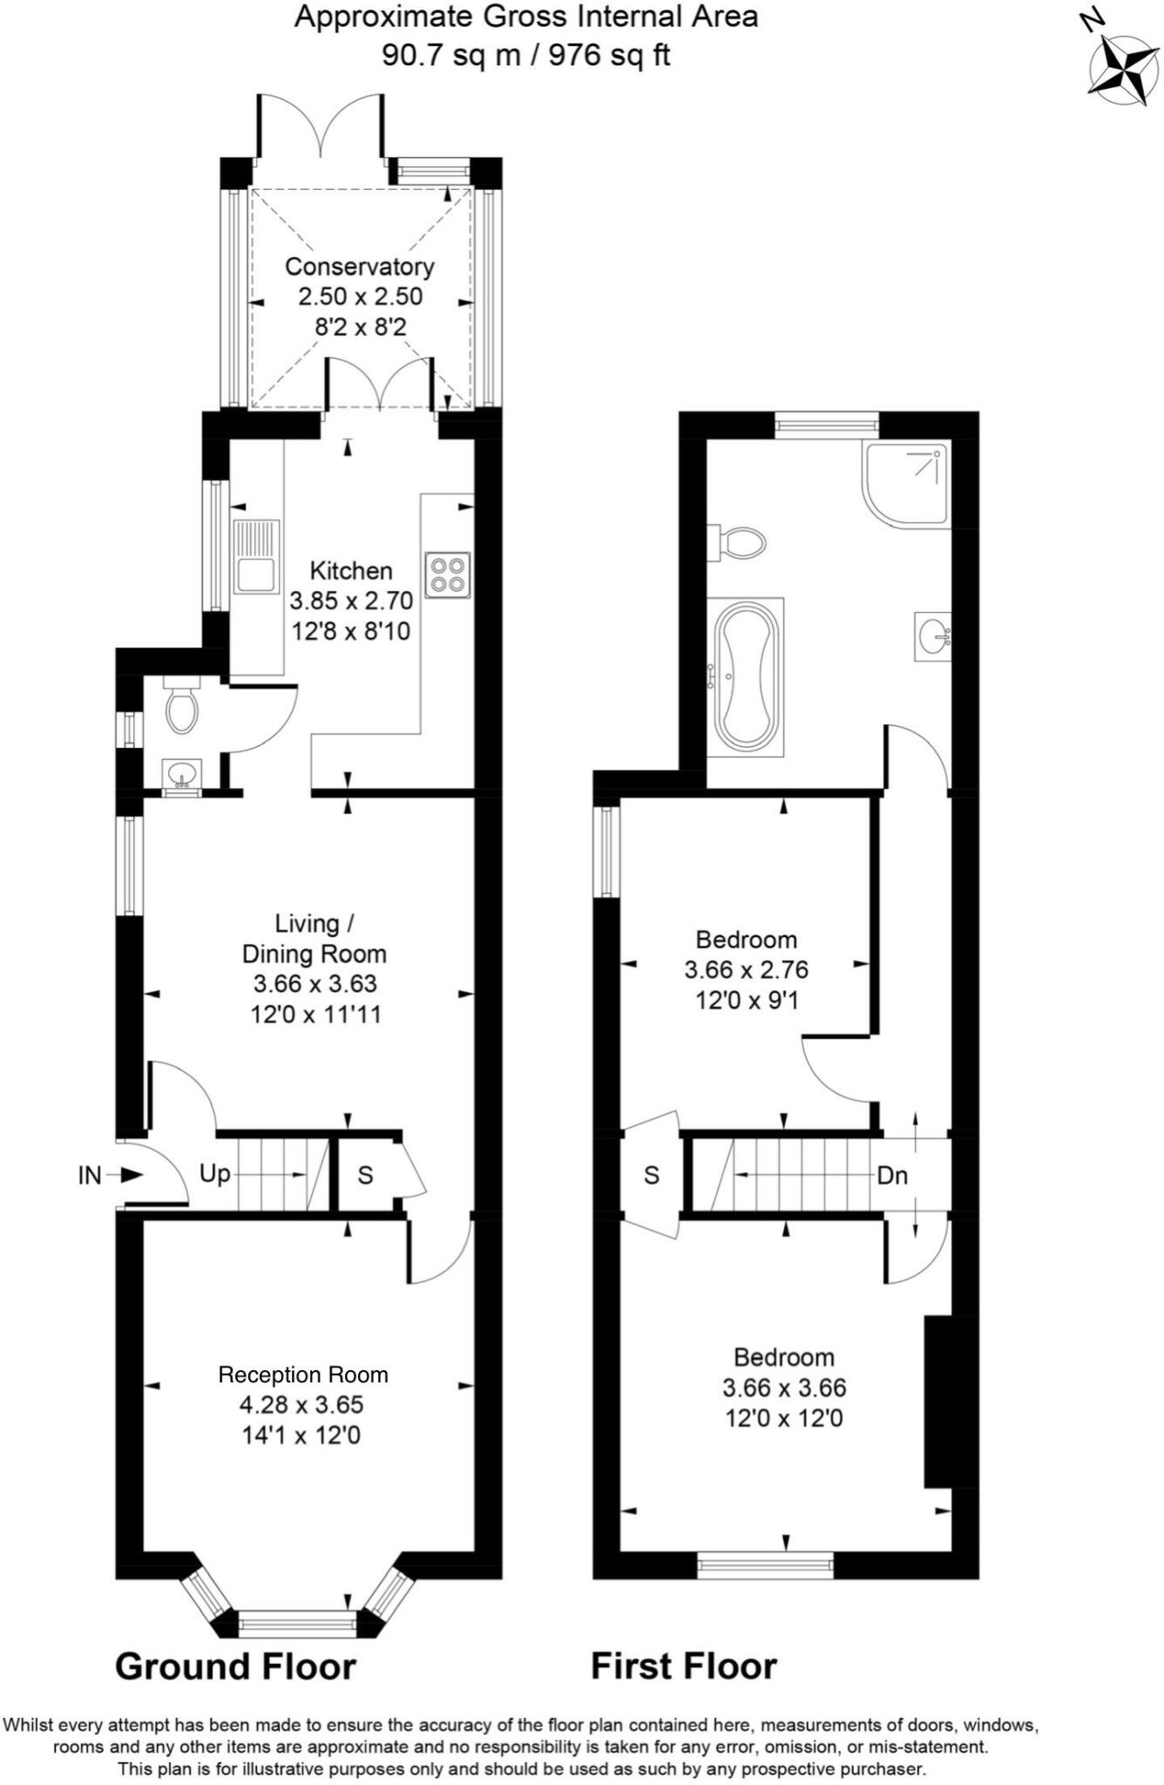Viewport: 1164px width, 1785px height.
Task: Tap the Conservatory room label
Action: (x=359, y=267)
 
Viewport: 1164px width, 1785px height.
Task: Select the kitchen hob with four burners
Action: (x=448, y=575)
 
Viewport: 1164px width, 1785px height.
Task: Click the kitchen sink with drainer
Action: (x=255, y=556)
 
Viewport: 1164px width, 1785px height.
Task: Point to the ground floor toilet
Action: (x=182, y=705)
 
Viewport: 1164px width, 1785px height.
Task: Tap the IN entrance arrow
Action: (x=130, y=1175)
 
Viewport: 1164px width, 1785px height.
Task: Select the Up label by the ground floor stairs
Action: (x=214, y=1173)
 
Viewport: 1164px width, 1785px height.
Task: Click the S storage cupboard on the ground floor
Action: (x=365, y=1175)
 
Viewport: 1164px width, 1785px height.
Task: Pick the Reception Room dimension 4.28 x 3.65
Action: (x=301, y=1404)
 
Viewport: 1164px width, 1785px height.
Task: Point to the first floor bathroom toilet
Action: (x=737, y=543)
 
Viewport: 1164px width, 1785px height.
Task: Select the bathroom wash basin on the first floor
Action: (x=933, y=636)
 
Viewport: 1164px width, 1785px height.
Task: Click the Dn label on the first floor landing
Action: (x=892, y=1175)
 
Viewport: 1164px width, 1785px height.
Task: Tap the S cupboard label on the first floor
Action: (x=651, y=1175)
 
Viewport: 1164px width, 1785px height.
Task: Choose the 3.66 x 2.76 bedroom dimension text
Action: (x=746, y=969)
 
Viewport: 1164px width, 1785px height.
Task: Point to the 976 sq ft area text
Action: (x=609, y=55)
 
